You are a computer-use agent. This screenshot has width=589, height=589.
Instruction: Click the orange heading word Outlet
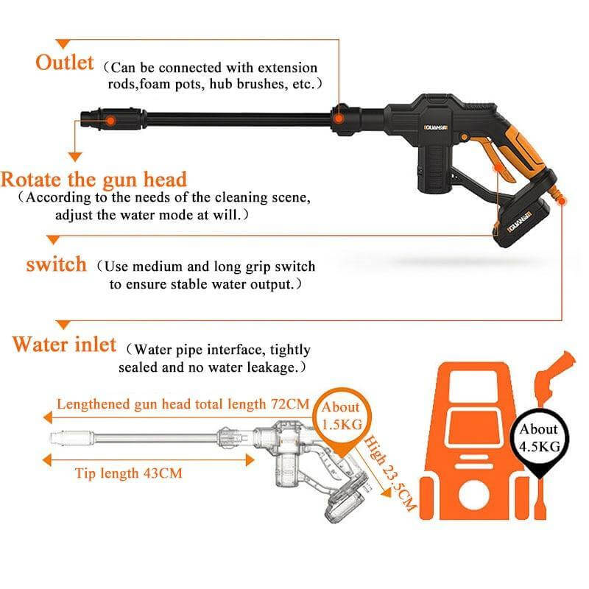click(x=65, y=63)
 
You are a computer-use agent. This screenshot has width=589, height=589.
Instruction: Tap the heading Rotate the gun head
click(x=94, y=180)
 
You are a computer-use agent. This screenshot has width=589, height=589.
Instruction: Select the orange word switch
click(x=57, y=264)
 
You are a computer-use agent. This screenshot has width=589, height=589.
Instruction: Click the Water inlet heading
click(x=64, y=345)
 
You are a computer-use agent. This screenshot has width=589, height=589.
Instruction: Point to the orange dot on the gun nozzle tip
click(x=110, y=121)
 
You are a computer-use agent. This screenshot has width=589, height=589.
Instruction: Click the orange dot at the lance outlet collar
click(x=339, y=119)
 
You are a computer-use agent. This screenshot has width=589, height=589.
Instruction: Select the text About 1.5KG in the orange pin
click(x=342, y=415)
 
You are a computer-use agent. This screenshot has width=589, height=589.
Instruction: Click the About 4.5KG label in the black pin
click(x=540, y=437)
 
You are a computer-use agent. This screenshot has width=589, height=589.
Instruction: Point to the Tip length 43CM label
click(x=128, y=473)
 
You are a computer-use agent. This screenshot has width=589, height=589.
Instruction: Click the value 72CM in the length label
click(x=290, y=404)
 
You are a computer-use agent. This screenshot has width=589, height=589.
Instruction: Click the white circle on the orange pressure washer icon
click(x=473, y=495)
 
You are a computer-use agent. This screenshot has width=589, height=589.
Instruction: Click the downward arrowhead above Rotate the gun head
click(x=75, y=157)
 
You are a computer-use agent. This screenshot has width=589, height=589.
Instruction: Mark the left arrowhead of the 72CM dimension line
click(x=48, y=417)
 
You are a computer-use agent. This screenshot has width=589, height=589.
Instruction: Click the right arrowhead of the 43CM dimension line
click(x=250, y=459)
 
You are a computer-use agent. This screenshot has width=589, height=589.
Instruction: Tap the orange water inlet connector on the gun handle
click(x=557, y=193)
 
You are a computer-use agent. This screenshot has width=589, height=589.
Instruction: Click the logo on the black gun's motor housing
click(x=436, y=127)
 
